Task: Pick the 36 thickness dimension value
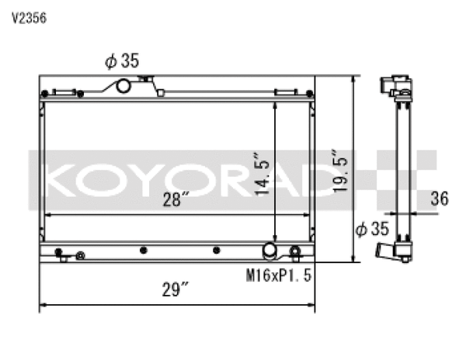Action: click(x=439, y=199)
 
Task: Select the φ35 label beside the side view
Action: click(x=371, y=230)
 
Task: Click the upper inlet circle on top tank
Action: click(x=123, y=85)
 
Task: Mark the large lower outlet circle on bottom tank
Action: click(x=270, y=250)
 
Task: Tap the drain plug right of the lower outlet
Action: click(x=294, y=251)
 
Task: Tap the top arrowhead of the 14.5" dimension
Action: click(x=275, y=104)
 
